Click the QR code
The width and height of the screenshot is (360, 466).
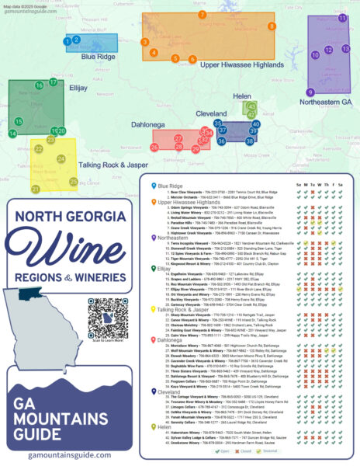106,314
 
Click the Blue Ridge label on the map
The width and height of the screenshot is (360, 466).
99,56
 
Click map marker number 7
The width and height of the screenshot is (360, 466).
202,15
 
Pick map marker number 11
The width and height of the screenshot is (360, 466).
342,18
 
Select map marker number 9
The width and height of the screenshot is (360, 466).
310,92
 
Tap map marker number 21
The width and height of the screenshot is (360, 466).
36,188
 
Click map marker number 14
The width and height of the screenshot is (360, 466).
12,134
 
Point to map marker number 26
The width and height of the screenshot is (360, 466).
155,146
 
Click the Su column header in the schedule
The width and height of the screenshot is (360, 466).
299,183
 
